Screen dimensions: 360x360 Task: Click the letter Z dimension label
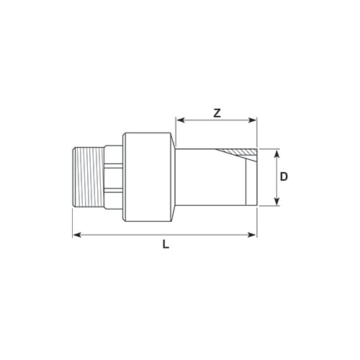pyautogui.click(x=217, y=113)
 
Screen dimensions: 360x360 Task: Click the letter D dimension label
pyautogui.click(x=284, y=177)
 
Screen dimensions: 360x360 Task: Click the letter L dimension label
pyautogui.click(x=166, y=245)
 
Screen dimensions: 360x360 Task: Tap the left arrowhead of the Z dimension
pyautogui.click(x=180, y=120)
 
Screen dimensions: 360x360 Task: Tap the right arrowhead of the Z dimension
pyautogui.click(x=253, y=120)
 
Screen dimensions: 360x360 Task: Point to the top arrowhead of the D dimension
pyautogui.click(x=276, y=153)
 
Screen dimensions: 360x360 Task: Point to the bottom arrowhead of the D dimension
pyautogui.click(x=276, y=202)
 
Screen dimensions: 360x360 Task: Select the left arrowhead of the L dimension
pyautogui.click(x=76, y=235)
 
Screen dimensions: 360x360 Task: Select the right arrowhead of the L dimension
pyautogui.click(x=253, y=235)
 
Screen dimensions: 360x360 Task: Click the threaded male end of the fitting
pyautogui.click(x=89, y=177)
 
